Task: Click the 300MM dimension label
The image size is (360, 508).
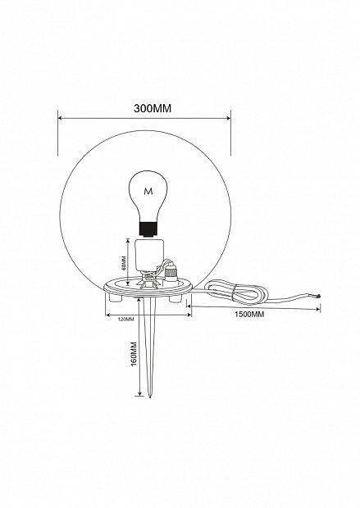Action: click(x=153, y=108)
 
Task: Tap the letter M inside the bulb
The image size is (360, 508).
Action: click(x=148, y=192)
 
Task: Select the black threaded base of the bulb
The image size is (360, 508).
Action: click(x=148, y=229)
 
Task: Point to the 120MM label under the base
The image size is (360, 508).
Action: click(x=126, y=319)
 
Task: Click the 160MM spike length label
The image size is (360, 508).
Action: click(x=134, y=354)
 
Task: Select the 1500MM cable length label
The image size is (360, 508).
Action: click(x=249, y=315)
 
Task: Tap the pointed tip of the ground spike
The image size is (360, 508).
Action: click(x=150, y=397)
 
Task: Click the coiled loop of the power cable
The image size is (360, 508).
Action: click(x=237, y=293)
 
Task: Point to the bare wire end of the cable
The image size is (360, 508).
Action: click(x=318, y=295)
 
